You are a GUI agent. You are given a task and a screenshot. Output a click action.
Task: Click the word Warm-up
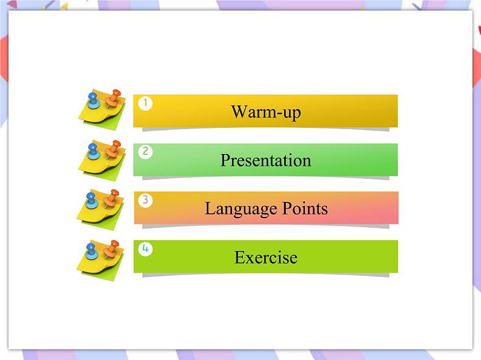point(265,112)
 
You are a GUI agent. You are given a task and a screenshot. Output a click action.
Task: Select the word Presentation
point(265,161)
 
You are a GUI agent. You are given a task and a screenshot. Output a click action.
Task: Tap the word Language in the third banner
point(233,209)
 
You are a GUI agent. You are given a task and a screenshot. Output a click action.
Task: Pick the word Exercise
point(265,258)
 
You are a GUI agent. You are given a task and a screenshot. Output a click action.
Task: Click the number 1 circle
point(145,104)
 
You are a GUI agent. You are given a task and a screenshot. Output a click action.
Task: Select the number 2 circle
point(145,152)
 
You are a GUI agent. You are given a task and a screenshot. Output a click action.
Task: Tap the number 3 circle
point(145,200)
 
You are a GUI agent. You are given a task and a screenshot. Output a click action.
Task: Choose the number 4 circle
point(145,248)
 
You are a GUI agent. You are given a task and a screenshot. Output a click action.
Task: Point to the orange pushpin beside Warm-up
point(113,97)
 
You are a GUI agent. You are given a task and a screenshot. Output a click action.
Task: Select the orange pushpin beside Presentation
point(113,147)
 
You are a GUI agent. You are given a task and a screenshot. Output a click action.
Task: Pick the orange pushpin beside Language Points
point(112,196)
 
